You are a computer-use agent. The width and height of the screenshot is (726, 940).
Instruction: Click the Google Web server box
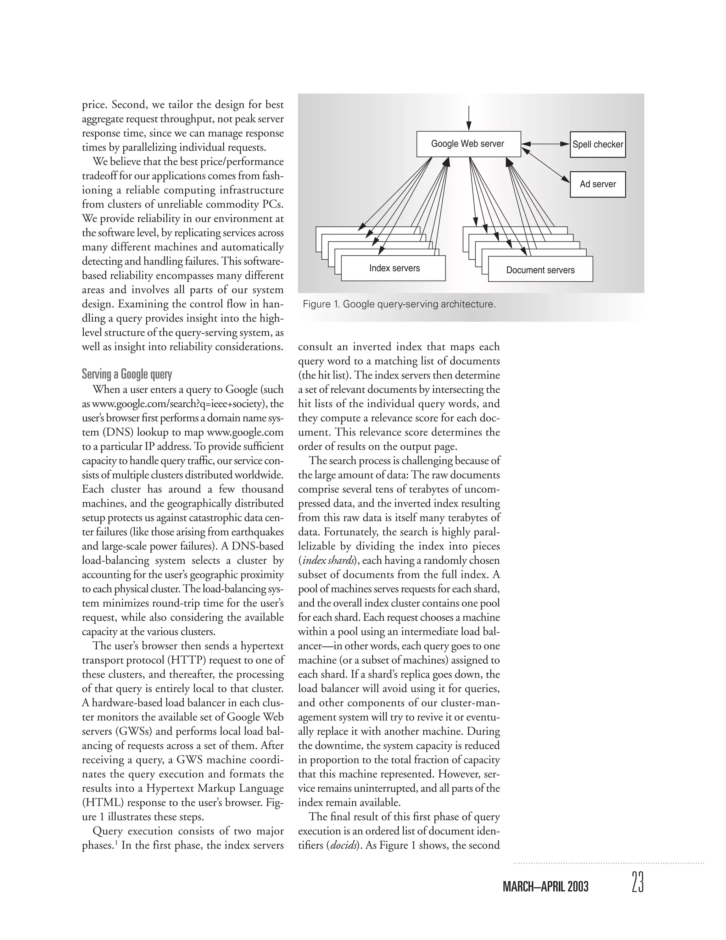click(x=468, y=144)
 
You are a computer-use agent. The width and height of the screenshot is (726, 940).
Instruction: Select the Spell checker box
click(x=597, y=145)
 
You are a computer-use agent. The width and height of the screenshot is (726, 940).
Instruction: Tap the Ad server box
click(x=597, y=184)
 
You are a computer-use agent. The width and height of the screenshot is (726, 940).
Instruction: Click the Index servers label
click(x=394, y=268)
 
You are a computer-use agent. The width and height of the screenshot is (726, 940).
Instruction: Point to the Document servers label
click(x=540, y=270)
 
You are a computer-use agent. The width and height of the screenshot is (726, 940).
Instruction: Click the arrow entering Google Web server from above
click(x=468, y=117)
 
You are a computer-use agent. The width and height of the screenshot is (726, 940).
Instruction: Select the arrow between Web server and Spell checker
click(x=545, y=144)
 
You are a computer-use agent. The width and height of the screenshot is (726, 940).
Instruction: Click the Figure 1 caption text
click(x=399, y=304)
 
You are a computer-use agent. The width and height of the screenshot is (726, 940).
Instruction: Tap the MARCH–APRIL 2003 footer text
click(x=545, y=887)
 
